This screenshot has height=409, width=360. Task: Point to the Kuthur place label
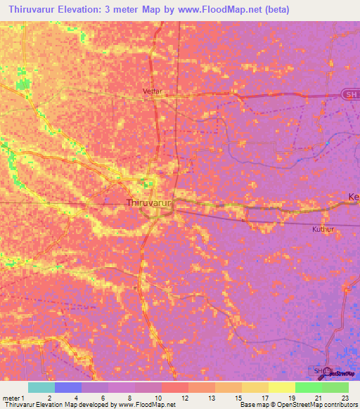(x=321, y=229)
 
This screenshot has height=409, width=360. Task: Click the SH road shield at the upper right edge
(x=349, y=93)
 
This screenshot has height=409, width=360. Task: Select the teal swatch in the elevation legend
(x=41, y=387)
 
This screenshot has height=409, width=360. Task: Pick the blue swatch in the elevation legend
(x=67, y=387)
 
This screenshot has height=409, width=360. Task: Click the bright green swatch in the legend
(x=308, y=387)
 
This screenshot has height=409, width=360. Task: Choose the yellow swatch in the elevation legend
(x=281, y=387)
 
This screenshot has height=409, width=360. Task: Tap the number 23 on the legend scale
(x=345, y=398)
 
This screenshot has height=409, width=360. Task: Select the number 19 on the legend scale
(x=291, y=398)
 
